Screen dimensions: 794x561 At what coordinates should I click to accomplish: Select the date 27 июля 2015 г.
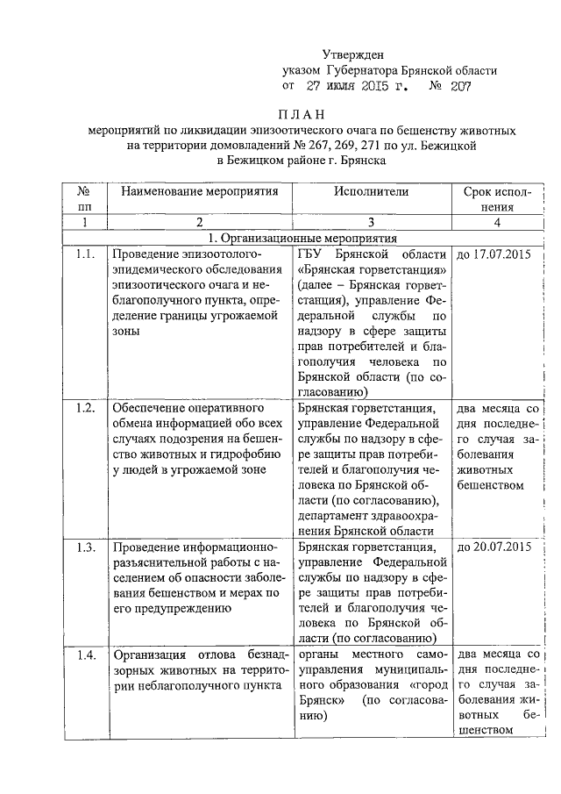359,86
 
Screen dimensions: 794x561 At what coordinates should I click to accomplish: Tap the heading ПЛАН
302,115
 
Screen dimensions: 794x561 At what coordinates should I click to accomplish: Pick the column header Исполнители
371,190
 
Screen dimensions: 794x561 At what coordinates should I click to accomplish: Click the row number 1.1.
85,254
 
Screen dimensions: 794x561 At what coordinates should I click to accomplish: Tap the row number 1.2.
85,408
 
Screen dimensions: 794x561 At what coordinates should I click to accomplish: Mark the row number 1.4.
85,655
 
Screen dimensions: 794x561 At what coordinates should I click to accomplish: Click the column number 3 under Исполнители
371,223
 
